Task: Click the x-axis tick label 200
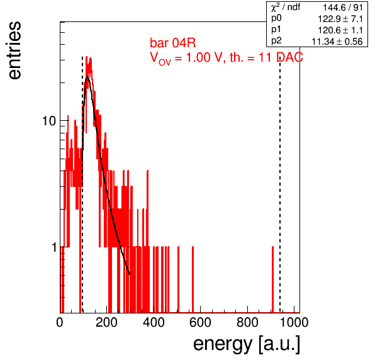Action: point(106,322)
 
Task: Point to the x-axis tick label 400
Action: point(154,322)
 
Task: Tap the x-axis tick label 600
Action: point(200,322)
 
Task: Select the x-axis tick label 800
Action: point(247,322)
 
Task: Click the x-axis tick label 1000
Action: point(294,322)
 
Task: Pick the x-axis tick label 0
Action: point(60,322)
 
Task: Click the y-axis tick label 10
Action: point(49,121)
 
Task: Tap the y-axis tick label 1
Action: point(54,247)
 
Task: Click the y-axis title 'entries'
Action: point(14,50)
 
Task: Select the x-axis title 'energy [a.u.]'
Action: point(247,344)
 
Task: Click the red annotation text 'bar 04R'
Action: point(172,43)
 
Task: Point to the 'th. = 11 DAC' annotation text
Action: point(266,57)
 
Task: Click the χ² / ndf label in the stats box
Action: point(286,7)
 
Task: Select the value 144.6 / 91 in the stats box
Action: point(343,8)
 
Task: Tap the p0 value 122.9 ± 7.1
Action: point(340,19)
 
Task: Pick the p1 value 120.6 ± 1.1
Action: point(340,30)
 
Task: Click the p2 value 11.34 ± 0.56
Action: point(337,42)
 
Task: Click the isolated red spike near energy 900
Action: point(272,279)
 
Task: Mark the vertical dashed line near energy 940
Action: point(280,184)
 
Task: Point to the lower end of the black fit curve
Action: point(130,274)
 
